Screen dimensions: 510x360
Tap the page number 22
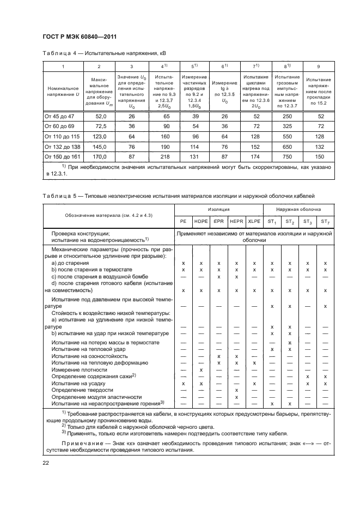click(45, 463)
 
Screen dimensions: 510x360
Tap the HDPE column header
click(201, 221)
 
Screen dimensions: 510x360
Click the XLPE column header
click(254, 221)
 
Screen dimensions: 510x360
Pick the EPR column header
click(218, 221)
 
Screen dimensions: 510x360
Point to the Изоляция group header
click(218, 209)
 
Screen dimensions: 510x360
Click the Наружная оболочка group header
click(298, 209)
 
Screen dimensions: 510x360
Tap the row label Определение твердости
click(82, 390)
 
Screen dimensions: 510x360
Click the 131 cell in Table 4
click(193, 156)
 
